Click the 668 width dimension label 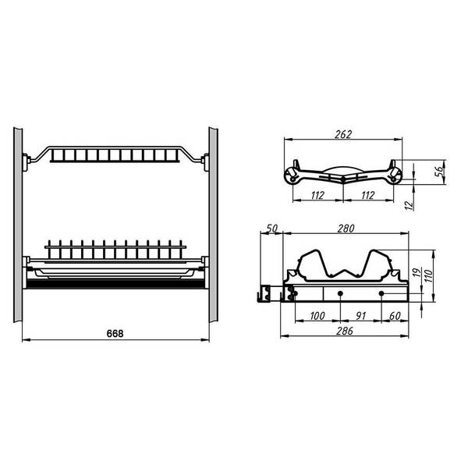point(115,333)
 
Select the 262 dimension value point(343,134)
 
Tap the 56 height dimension point(439,172)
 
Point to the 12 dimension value point(409,204)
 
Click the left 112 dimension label point(317,195)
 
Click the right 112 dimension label point(367,195)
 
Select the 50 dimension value point(272,229)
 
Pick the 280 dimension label point(346,229)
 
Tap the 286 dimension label point(345,331)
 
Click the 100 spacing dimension point(317,316)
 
